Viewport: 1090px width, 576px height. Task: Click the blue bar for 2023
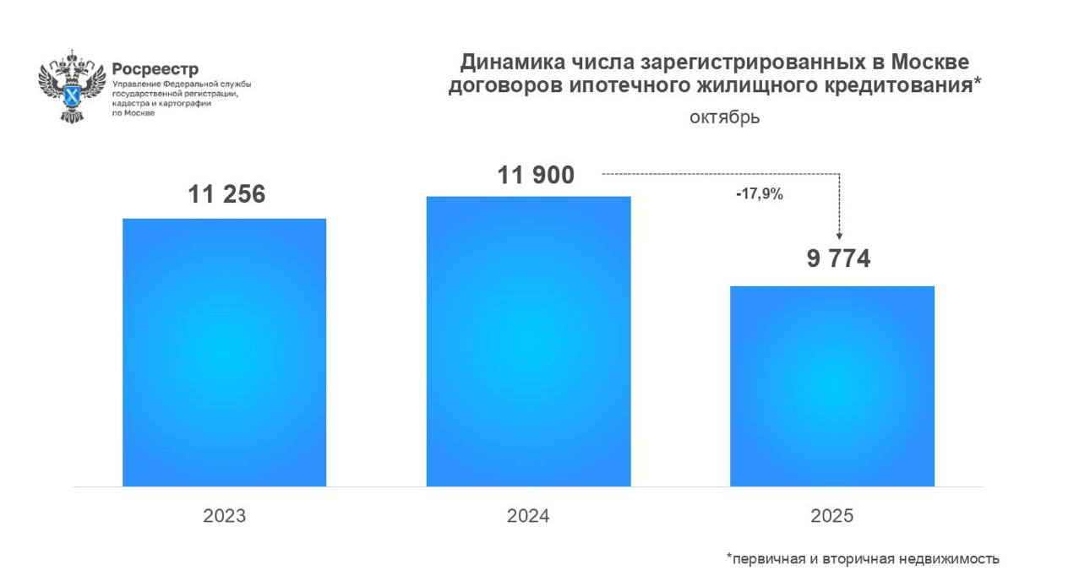coord(224,352)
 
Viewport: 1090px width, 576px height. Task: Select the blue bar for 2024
coord(528,341)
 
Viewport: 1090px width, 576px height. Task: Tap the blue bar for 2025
coord(832,386)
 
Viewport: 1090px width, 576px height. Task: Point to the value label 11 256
coord(226,194)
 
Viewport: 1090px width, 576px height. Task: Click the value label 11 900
coord(536,175)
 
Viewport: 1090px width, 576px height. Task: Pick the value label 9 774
coord(838,258)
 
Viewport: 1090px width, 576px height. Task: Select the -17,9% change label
coord(759,194)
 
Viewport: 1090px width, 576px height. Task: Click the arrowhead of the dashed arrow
coord(839,236)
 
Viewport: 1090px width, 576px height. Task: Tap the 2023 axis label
coord(224,516)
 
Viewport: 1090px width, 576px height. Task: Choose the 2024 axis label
coord(528,516)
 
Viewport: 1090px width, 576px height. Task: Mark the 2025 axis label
coord(832,516)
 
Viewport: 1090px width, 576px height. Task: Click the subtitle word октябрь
coord(724,117)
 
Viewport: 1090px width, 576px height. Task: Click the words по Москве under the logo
coord(134,112)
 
